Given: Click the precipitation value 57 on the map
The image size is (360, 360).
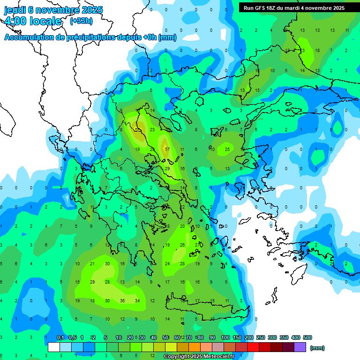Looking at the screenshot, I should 167,149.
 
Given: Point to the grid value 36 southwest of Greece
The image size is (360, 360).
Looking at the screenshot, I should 122,300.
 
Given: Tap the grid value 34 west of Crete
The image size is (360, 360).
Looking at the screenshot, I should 137,300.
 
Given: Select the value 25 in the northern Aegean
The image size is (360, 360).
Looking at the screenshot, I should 227,149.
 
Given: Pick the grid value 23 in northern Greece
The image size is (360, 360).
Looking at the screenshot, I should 152,129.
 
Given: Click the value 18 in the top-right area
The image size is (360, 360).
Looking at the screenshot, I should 317,50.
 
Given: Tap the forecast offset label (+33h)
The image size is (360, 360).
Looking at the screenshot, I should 81,21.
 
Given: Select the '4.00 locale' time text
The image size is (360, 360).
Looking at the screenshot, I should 33,21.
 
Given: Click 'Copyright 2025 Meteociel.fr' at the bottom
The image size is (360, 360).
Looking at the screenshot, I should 199,357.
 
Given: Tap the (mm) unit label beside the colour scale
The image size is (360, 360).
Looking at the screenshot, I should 317,348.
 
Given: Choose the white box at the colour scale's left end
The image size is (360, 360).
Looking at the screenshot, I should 54,347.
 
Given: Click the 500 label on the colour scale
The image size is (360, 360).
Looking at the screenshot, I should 307,337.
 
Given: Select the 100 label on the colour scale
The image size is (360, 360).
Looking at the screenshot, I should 225,337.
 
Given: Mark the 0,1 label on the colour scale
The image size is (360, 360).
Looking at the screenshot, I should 60,337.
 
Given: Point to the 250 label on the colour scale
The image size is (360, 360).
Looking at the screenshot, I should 261,337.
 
